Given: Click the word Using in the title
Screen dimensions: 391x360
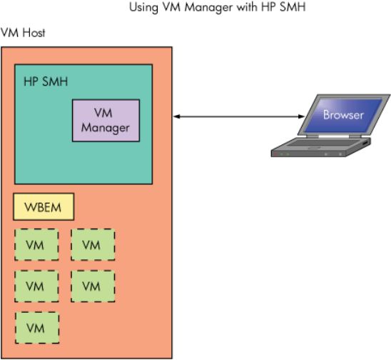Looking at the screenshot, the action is (143, 7).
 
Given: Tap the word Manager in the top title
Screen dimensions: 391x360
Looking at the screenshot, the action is (209, 7).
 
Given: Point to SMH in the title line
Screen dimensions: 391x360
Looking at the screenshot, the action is (293, 6).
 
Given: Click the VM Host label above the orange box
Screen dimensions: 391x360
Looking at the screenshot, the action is (23, 33).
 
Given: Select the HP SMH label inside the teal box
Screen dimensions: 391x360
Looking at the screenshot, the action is (46, 81).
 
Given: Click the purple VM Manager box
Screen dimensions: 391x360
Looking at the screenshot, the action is (106, 120).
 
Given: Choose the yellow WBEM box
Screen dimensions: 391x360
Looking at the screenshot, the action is (44, 206).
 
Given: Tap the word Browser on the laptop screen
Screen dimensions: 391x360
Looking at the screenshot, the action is (343, 115).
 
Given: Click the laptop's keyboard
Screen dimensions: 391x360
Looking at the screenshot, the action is (324, 143).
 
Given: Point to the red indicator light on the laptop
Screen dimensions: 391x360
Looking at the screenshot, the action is (275, 154).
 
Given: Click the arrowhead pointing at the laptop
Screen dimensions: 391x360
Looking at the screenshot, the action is (302, 116).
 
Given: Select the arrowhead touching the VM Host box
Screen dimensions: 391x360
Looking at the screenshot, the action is (176, 116).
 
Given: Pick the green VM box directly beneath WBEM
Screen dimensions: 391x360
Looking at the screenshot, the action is (36, 245).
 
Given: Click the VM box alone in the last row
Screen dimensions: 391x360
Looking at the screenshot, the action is (37, 328).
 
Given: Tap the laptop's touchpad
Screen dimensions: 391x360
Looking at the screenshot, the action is (314, 149).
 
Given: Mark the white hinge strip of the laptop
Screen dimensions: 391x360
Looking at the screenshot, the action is (334, 136).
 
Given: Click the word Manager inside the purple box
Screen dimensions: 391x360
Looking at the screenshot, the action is (105, 128).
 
